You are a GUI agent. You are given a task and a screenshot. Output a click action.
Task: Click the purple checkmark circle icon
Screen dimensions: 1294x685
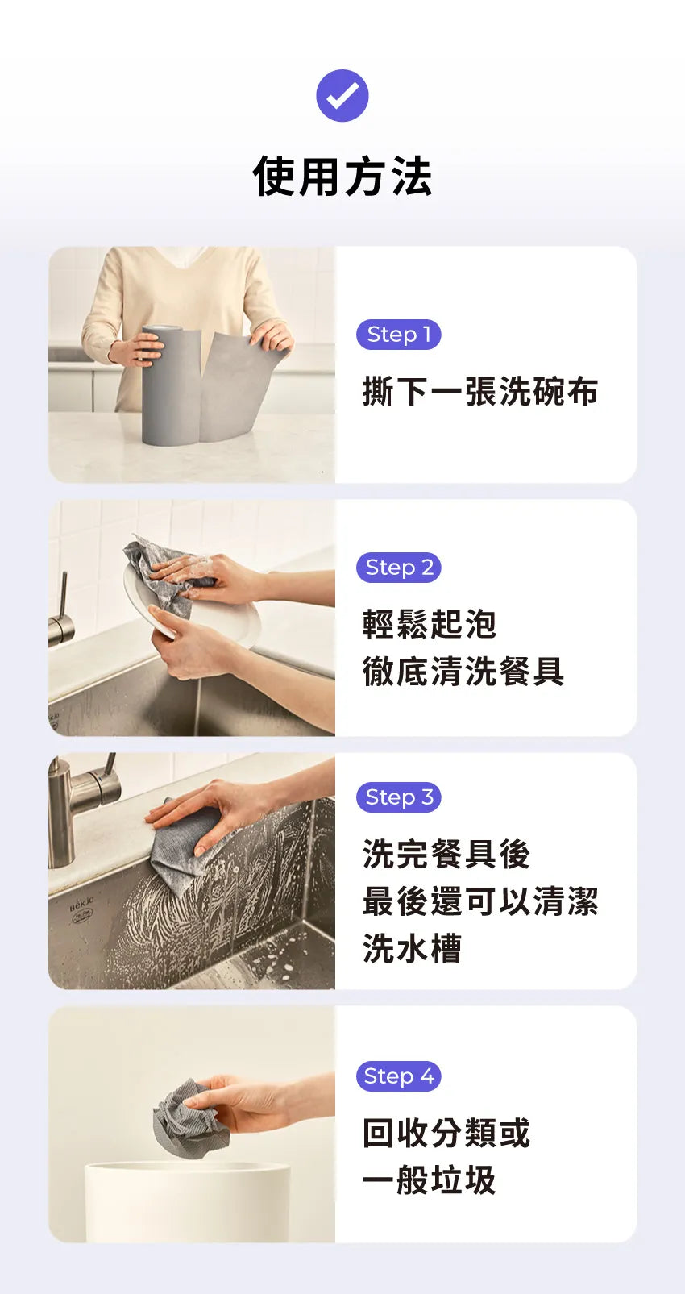tap(342, 96)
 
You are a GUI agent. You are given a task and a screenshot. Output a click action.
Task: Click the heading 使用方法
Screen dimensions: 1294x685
tap(342, 177)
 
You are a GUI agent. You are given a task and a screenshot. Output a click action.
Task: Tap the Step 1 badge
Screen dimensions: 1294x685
tap(398, 335)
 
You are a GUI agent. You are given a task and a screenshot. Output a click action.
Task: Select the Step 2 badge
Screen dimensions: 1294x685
tap(398, 568)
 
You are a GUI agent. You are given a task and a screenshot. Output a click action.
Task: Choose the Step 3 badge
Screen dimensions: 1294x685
tap(398, 797)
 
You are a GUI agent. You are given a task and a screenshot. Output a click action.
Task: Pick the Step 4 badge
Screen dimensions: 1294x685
tap(398, 1076)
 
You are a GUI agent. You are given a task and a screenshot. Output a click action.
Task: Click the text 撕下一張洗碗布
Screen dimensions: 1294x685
tap(479, 392)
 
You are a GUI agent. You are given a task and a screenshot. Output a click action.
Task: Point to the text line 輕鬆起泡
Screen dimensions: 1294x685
tap(429, 624)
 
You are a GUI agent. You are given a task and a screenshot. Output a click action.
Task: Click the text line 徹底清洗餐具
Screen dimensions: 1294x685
tap(463, 672)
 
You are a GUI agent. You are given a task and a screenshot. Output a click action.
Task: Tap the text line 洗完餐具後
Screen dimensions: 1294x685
tap(446, 855)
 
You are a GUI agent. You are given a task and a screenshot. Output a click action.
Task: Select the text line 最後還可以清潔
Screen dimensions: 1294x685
tap(479, 901)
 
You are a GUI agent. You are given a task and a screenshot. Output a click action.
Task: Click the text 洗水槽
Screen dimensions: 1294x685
tap(412, 949)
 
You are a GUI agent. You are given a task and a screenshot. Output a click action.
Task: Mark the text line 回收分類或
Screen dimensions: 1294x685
tap(446, 1133)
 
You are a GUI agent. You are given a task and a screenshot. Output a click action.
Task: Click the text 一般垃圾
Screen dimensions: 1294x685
tap(429, 1180)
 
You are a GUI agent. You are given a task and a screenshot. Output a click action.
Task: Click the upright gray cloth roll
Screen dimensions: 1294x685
tap(170, 387)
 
